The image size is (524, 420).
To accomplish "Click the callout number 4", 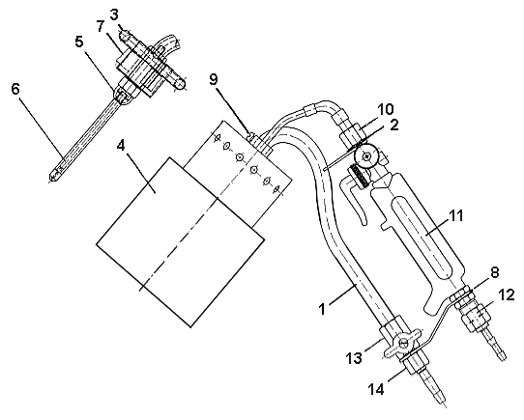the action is tap(121, 145).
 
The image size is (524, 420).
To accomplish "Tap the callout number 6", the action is tap(15, 89).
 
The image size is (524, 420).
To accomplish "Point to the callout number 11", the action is tap(455, 215).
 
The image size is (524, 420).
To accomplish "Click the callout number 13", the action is tap(354, 358).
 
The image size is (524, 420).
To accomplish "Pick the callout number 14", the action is tap(376, 389).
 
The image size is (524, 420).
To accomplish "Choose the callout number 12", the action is tap(507, 294).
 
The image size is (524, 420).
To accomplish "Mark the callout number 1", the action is tap(322, 310).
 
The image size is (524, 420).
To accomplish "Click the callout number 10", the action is tap(386, 109).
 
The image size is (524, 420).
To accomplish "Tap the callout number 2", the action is tap(394, 125).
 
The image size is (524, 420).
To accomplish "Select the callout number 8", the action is tap(495, 272).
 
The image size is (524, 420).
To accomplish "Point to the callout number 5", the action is tap(79, 42).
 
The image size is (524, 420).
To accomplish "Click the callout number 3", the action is tap(114, 15).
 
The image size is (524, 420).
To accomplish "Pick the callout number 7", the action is tap(101, 27).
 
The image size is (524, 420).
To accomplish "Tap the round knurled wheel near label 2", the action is tap(367, 155).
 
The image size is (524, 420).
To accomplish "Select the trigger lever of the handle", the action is tap(354, 199).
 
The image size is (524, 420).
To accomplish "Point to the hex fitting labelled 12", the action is tap(477, 317).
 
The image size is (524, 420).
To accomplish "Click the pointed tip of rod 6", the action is tap(51, 181).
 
